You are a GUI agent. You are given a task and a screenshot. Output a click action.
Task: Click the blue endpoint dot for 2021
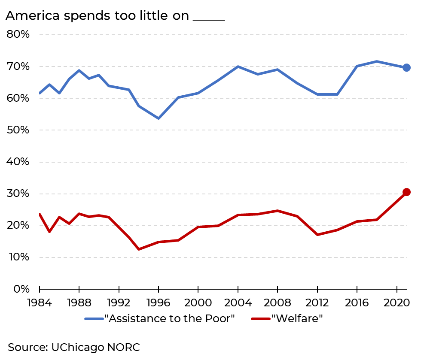point(406,67)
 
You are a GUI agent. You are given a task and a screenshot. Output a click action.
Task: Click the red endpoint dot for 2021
point(406,192)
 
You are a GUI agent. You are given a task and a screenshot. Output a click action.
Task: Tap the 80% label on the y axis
point(18,34)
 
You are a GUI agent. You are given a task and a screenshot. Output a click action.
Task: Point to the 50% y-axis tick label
point(18,130)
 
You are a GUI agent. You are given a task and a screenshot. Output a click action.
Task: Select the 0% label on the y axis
point(21,289)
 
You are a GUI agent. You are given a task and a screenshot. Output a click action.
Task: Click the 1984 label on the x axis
point(39,303)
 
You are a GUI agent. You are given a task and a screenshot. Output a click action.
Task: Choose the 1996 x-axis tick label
point(159,303)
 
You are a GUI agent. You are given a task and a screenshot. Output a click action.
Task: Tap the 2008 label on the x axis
point(278,303)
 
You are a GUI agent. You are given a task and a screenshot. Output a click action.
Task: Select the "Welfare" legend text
point(297,319)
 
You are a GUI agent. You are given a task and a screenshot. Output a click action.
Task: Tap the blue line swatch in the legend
point(94,319)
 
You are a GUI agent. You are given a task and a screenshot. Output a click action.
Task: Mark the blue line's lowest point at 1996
point(159,118)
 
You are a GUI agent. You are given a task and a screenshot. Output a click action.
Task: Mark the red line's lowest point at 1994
point(138,249)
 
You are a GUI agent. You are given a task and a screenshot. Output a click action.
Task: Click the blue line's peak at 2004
point(238,67)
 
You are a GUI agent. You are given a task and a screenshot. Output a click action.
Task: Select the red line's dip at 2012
point(317,235)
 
